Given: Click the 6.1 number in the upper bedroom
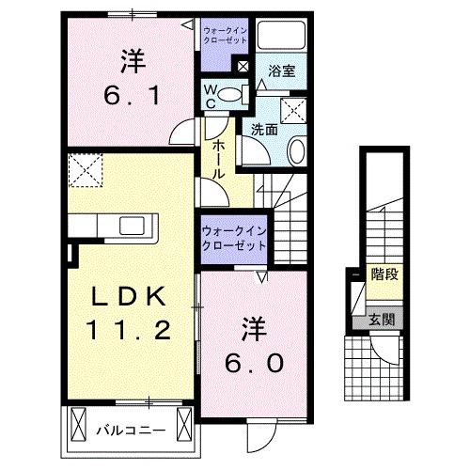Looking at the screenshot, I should pyautogui.click(x=132, y=93).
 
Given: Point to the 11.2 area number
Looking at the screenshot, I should pyautogui.click(x=131, y=328).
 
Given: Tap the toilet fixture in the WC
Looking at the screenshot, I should pyautogui.click(x=238, y=94).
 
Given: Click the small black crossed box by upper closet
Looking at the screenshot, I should pyautogui.click(x=243, y=67).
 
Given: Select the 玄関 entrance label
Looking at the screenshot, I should pyautogui.click(x=382, y=320).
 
